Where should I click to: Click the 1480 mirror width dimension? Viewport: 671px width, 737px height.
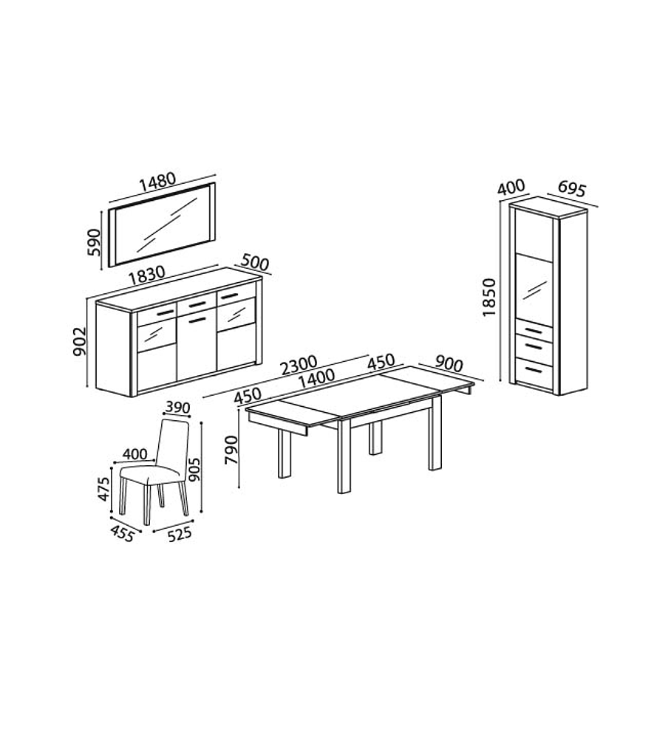[158, 183]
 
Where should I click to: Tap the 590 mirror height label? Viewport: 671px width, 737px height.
[94, 242]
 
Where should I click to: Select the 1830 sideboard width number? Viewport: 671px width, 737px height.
[147, 275]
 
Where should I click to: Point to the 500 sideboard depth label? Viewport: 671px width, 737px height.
[255, 263]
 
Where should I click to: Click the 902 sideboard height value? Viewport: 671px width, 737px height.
[80, 342]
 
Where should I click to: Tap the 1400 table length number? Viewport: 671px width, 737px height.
[316, 378]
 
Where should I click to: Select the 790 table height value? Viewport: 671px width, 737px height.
[232, 450]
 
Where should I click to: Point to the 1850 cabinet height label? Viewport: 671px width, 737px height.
[489, 297]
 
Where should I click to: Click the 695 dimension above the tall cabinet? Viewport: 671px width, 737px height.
[572, 189]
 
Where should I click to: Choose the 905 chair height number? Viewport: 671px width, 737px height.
[194, 469]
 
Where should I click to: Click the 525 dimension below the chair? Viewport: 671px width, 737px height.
[179, 534]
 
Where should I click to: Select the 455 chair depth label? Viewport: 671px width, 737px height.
[122, 533]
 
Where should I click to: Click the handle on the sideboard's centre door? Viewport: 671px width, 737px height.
[197, 320]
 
